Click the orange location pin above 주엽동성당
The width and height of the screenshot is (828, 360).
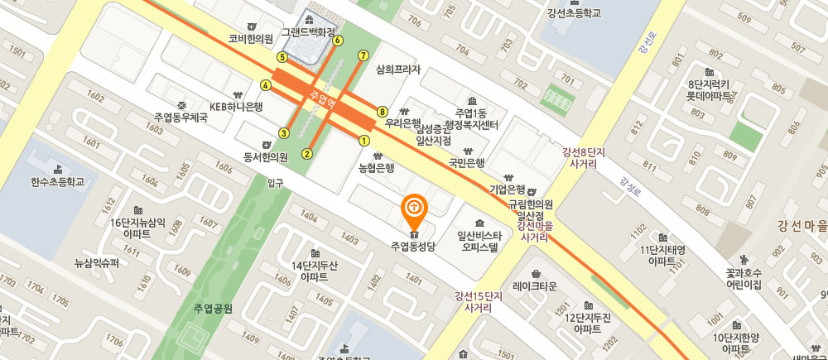click(x=413, y=208)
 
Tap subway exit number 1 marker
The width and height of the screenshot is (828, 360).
click(x=363, y=141)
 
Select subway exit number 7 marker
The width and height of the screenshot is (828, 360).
click(x=362, y=55)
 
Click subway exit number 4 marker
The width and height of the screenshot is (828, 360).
click(x=266, y=84)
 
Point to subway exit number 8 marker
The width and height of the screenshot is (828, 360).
click(x=382, y=111)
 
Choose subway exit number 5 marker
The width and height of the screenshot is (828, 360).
click(x=282, y=57)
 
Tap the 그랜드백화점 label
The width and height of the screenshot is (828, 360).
click(x=308, y=32)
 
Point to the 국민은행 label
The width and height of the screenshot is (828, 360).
click(x=466, y=163)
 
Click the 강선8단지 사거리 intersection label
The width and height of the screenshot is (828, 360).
click(x=585, y=157)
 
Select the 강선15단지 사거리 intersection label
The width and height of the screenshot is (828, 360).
click(x=479, y=301)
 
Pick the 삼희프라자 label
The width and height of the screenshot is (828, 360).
click(x=398, y=70)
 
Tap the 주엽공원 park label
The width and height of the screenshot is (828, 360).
click(x=213, y=309)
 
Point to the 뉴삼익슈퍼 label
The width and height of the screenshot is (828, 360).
click(x=97, y=263)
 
